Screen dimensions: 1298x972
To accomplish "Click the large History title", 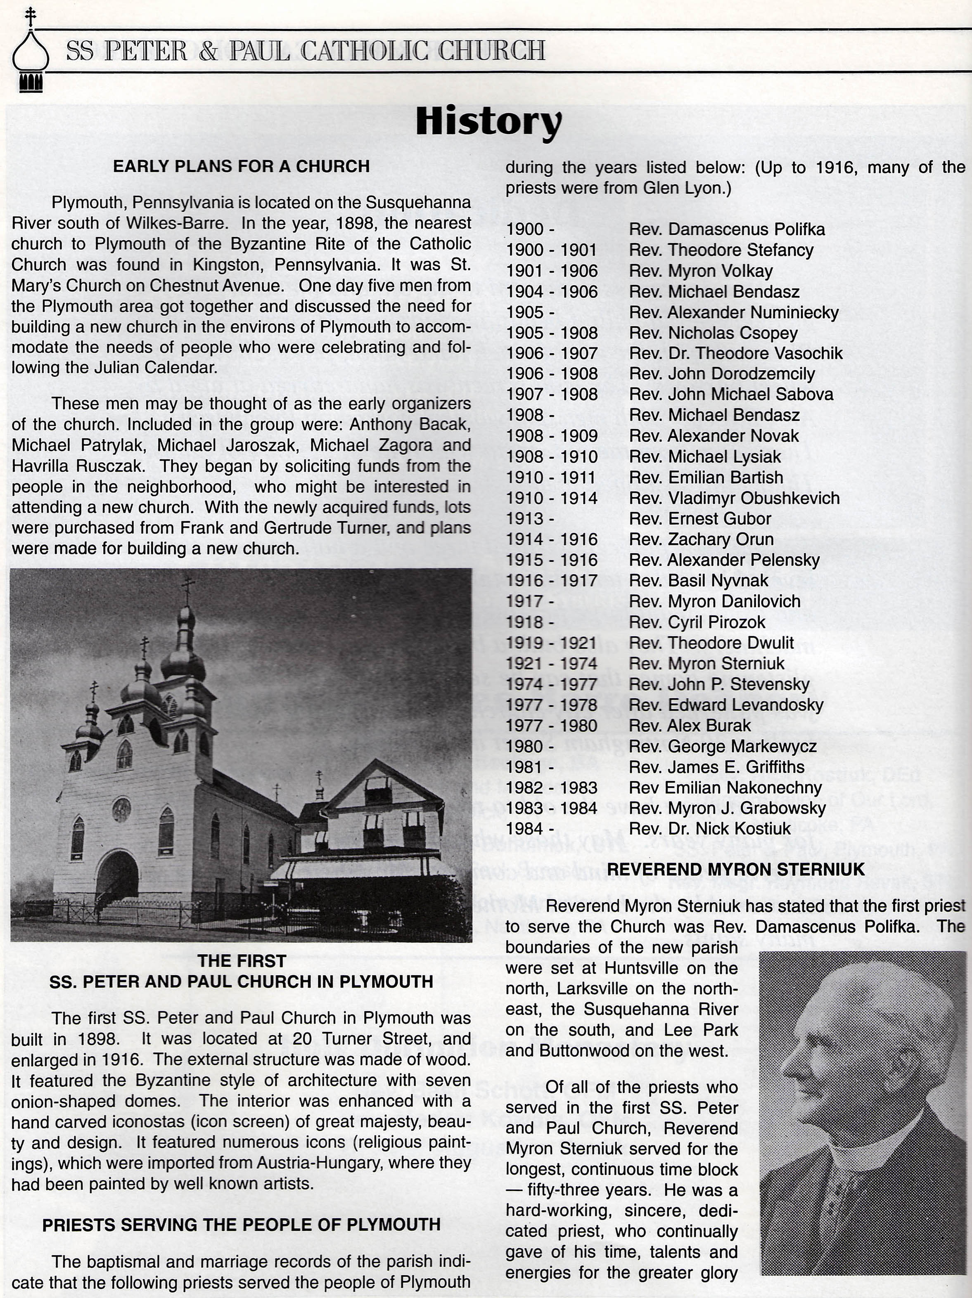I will coord(488,121).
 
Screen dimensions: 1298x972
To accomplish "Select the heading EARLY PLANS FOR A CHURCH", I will coord(241,167).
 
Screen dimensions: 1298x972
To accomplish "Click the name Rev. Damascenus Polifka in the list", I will coord(727,229).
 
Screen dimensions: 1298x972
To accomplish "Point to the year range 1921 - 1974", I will coord(551,664).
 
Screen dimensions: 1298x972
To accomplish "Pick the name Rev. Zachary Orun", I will coord(701,539).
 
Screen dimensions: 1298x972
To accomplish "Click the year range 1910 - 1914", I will coord(551,498).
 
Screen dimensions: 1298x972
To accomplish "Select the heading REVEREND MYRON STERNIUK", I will coord(735,870).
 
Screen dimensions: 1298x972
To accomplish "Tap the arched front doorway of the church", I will coord(117,878).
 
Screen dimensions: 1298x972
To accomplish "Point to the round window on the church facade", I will coord(121,810).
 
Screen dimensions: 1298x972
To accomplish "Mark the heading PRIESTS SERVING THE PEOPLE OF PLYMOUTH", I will coord(241,1225).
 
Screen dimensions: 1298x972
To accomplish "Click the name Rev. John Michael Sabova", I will coord(731,394).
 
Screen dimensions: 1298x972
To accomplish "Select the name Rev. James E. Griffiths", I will coord(716,767).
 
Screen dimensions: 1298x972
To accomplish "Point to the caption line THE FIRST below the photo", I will coord(241,961).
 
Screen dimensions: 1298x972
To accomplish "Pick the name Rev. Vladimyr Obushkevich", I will coord(734,498).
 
